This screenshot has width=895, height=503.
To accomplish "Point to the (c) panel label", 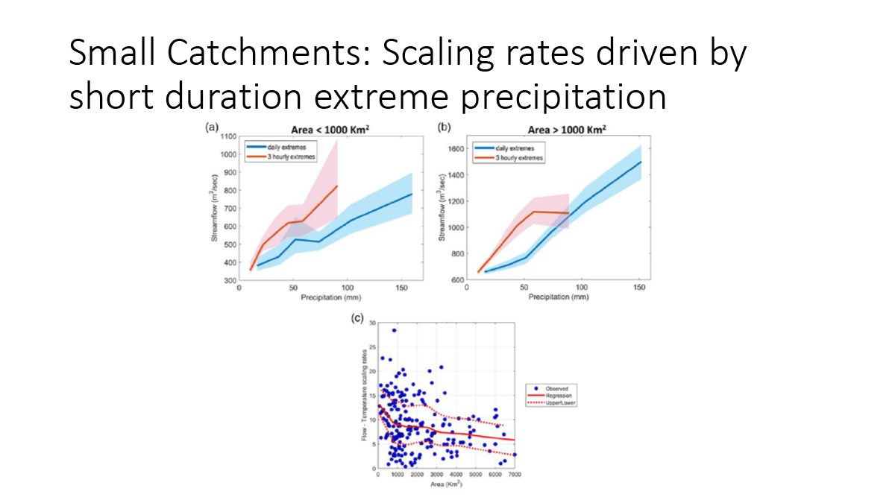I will [x=357, y=318].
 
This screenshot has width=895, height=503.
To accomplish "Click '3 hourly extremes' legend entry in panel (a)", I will [x=291, y=156].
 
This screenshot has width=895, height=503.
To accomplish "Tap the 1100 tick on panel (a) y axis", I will [x=227, y=136].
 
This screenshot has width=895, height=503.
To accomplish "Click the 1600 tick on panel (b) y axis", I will [x=456, y=148].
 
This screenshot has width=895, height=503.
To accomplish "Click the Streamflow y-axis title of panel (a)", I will [x=215, y=209].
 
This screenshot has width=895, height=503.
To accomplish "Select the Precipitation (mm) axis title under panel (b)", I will [x=558, y=297].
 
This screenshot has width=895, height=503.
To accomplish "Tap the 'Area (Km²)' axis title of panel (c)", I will [x=446, y=485].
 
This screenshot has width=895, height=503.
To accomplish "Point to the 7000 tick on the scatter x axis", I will [x=515, y=475].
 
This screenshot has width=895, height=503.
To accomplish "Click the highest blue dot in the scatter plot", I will [x=394, y=330].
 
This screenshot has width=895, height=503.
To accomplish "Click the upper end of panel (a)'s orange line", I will [x=337, y=186].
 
